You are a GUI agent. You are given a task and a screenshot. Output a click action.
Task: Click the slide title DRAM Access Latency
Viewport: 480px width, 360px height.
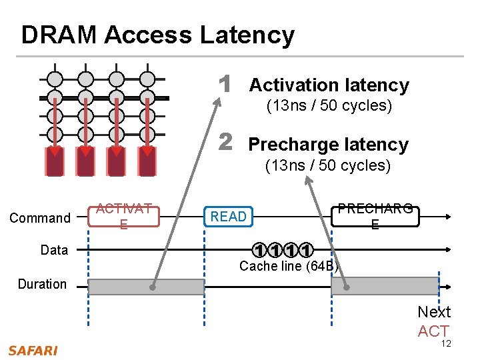point(157,35)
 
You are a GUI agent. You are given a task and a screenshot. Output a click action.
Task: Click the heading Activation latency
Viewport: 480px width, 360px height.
point(329,85)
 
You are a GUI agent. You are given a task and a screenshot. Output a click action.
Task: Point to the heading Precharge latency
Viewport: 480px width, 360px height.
point(328,145)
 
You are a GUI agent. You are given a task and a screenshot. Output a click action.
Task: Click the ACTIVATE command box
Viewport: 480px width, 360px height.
point(123,216)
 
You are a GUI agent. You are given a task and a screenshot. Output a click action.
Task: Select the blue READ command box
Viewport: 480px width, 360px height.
point(229,216)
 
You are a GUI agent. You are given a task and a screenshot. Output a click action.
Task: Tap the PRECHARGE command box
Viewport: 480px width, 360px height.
point(375,216)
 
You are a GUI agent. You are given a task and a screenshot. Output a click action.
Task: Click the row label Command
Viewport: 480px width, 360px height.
point(40,218)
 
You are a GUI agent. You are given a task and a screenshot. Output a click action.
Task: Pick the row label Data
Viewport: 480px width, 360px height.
point(54,250)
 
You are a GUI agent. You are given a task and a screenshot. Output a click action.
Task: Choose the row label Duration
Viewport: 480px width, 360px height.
point(42,284)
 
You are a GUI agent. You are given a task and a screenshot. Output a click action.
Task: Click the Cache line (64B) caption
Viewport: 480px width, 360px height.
point(289,267)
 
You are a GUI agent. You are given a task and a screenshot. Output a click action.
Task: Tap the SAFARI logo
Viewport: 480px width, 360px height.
point(33,350)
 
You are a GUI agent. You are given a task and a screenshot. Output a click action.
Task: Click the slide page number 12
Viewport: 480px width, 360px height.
point(446,343)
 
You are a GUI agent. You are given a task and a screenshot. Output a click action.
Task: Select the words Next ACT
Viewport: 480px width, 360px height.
point(434,321)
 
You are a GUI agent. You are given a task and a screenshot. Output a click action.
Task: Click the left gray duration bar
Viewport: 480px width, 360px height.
point(146,287)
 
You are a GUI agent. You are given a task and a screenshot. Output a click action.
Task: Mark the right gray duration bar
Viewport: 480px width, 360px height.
point(385,287)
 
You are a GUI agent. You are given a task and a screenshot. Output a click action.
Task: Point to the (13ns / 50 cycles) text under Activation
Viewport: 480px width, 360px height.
point(329,106)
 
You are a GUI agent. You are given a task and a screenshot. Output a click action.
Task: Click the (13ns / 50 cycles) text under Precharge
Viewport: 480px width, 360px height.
point(328,165)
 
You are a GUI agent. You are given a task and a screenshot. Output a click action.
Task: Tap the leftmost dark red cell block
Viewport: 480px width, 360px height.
point(55,161)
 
